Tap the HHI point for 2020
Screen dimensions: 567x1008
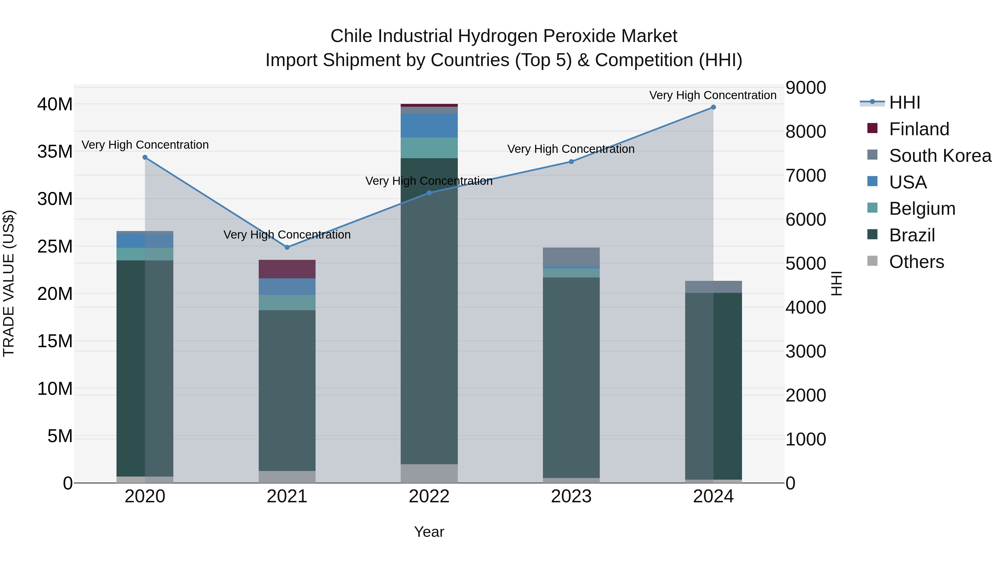click(145, 157)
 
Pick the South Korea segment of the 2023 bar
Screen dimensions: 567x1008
click(571, 257)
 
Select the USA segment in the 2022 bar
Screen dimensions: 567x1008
click(429, 126)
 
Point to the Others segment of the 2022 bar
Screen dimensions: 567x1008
click(429, 473)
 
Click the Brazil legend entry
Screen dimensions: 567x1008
click(912, 235)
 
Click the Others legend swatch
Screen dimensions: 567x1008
click(872, 261)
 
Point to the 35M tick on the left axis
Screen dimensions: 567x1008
click(55, 152)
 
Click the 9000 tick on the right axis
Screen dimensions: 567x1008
click(806, 88)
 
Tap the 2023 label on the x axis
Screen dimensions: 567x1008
click(571, 496)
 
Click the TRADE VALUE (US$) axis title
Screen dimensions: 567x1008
click(9, 283)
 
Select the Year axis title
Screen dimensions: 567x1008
click(429, 532)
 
